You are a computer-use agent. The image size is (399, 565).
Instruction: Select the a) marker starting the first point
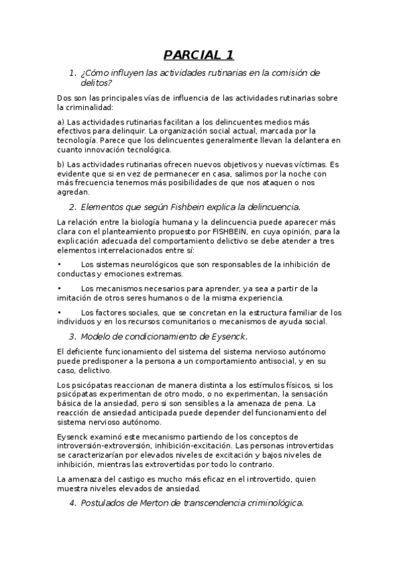61,122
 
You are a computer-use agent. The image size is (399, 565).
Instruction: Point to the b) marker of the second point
61,164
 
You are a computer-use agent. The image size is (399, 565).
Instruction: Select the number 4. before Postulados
73,504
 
